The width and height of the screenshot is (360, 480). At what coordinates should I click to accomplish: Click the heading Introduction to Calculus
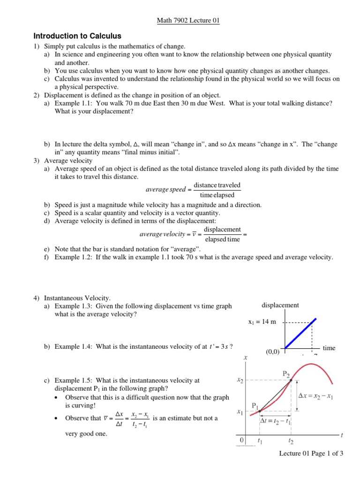(x=77, y=36)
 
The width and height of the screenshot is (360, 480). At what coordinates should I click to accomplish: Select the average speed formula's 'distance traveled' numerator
(x=217, y=185)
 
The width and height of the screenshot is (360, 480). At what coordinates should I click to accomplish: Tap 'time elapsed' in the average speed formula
(x=217, y=195)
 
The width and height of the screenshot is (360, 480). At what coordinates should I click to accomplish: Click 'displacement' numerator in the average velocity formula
(x=223, y=229)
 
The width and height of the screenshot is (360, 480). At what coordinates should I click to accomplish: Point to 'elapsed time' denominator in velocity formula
(x=223, y=239)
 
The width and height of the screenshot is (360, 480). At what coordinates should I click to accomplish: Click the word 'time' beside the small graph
(x=329, y=348)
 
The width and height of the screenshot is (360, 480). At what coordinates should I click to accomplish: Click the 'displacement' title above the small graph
(x=280, y=305)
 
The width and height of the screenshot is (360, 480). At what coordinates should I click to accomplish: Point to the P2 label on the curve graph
(x=286, y=373)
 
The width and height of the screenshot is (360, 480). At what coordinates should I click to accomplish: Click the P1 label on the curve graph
(x=255, y=405)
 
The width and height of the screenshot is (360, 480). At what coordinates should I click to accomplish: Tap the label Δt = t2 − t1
(x=276, y=421)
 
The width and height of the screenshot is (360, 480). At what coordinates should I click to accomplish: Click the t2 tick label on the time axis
(x=291, y=441)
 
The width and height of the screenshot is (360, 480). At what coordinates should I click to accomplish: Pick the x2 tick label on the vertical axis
(x=240, y=381)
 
